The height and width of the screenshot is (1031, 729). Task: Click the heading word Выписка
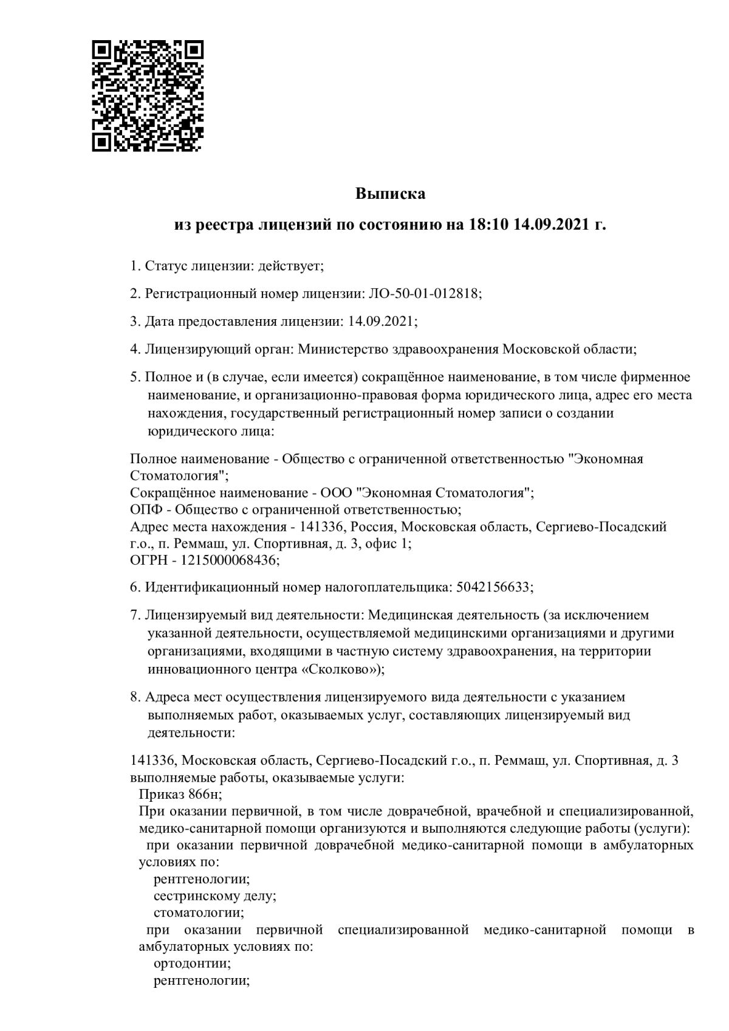point(390,194)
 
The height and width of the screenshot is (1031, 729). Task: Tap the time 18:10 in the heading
point(488,225)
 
